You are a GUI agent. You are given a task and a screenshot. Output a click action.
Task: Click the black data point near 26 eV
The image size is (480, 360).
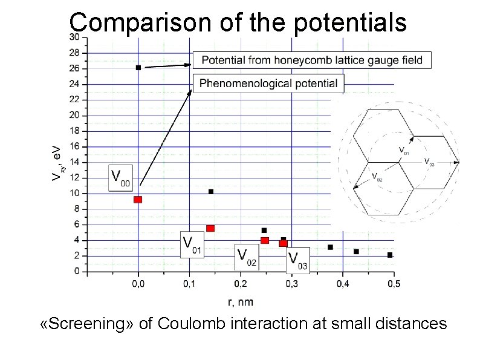click(x=138, y=68)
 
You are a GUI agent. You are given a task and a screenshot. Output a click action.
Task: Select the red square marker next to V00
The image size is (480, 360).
click(x=138, y=199)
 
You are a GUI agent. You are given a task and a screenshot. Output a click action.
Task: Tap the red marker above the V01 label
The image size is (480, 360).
click(x=210, y=228)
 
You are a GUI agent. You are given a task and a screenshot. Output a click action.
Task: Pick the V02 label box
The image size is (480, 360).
click(x=247, y=257)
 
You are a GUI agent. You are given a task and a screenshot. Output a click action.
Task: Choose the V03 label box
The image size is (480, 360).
click(x=298, y=260)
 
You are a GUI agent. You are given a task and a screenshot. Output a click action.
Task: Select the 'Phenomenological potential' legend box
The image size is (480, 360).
click(x=268, y=83)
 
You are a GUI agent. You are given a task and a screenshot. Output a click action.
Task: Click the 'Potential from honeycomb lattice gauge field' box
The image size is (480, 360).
click(x=313, y=60)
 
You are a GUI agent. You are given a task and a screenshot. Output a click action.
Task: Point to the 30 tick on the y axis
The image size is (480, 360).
click(x=73, y=37)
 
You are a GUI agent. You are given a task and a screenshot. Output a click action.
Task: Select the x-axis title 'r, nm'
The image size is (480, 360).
click(x=241, y=300)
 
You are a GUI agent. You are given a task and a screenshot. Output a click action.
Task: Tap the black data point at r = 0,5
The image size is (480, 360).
click(x=390, y=255)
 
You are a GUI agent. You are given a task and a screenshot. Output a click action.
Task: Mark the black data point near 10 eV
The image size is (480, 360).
click(x=211, y=192)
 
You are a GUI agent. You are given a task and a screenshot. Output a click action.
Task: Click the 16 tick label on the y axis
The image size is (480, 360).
click(x=74, y=146)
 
